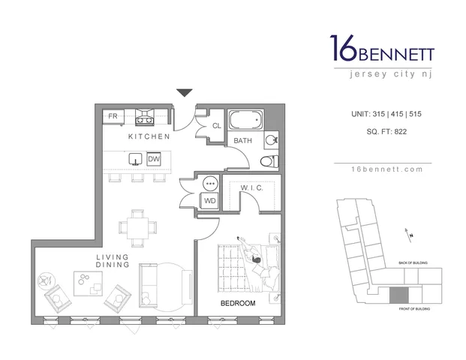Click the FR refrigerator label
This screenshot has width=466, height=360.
pos(113,116)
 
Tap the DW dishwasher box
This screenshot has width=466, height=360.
pos(153,159)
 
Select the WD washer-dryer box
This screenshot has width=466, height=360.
pos(210,200)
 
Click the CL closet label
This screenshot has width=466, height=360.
pos(216,126)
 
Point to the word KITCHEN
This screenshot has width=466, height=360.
pos(149,137)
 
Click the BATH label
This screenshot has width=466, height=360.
pos(242,140)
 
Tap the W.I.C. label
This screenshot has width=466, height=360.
pos(251,188)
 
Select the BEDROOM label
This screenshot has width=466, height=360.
pos(238,303)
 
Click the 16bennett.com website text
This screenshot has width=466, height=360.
pos(382,169)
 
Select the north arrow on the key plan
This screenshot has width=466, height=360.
pos(409,233)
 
